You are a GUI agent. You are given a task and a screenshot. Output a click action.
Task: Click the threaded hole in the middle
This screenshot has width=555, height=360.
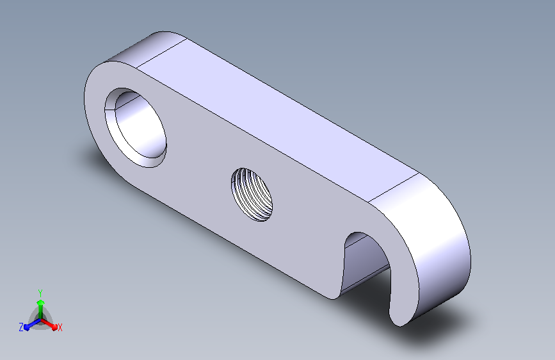pyautogui.click(x=252, y=195)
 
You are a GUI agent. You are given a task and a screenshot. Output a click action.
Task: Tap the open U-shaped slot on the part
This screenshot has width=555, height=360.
pyautogui.click(x=366, y=262)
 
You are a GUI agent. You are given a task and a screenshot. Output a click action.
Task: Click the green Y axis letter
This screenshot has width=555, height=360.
pyautogui.click(x=40, y=293)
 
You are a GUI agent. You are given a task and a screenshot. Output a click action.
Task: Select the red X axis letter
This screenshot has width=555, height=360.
pyautogui.click(x=60, y=327)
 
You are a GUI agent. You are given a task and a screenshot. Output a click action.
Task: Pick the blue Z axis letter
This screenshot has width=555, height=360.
pyautogui.click(x=21, y=327)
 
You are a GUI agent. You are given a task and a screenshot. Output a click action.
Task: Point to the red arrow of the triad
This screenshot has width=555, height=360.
pyautogui.click(x=49, y=324)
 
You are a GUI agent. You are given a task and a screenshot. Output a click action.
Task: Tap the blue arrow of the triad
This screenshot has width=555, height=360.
pyautogui.click(x=32, y=325)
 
